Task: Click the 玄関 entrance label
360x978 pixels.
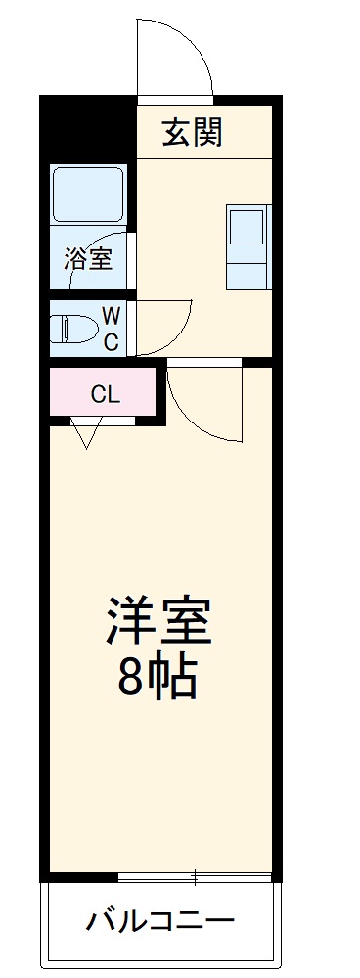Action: point(192,131)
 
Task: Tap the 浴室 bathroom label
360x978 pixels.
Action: point(88,260)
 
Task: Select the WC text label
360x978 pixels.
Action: point(111,329)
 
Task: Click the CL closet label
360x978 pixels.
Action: point(105,395)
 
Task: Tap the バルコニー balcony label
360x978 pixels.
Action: point(160,920)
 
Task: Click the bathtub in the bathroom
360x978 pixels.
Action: point(89,195)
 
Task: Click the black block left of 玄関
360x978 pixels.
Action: point(88,127)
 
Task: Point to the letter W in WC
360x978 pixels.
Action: point(111,316)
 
